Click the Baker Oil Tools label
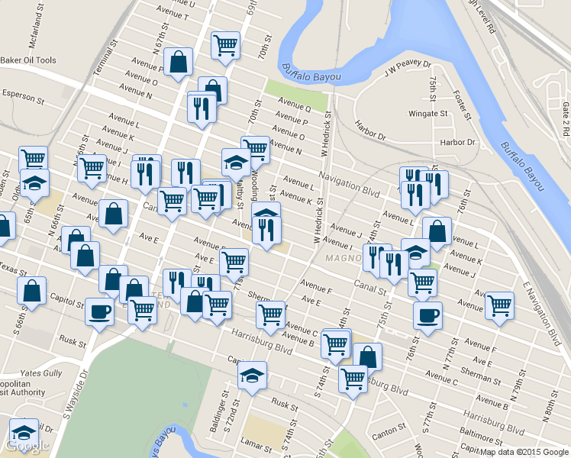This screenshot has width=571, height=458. [28, 60]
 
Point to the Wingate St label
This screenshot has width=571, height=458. [428, 114]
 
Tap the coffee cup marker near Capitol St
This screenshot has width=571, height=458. [98, 311]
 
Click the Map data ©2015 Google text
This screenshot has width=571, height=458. [524, 452]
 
